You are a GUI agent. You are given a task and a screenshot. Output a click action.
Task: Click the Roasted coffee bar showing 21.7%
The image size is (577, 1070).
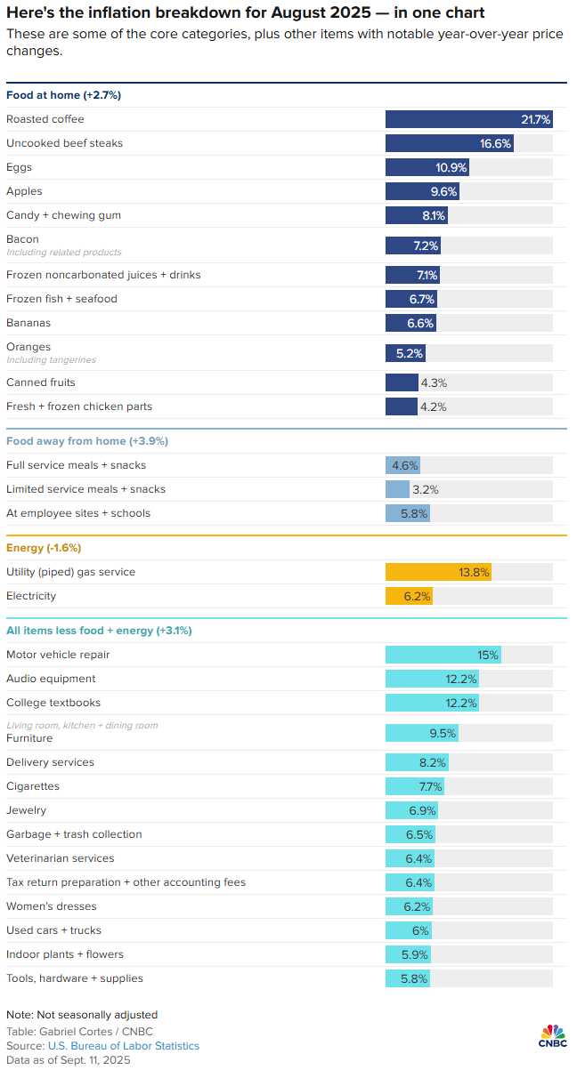point(468,119)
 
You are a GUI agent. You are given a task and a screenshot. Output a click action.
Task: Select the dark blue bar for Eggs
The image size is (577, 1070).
point(427,167)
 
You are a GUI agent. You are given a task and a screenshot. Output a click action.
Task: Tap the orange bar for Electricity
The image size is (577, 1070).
point(409,596)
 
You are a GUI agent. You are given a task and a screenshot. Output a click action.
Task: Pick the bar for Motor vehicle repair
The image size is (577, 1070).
point(443,655)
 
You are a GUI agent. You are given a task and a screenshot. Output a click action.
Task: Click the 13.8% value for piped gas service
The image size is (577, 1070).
point(474,572)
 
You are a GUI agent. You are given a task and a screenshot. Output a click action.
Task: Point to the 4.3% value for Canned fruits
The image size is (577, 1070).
point(434,382)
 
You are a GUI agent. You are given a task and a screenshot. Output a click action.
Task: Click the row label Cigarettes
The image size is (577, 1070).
point(33,786)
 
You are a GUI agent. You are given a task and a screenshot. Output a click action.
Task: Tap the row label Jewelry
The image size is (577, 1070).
point(27,810)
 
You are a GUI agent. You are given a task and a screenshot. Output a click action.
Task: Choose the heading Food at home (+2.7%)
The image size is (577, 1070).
point(63,95)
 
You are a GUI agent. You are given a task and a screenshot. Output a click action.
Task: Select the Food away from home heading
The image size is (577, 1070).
point(86,441)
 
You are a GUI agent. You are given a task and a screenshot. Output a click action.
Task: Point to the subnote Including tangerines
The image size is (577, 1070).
point(51,360)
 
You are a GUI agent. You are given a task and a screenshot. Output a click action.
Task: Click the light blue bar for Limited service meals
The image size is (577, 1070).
point(397,489)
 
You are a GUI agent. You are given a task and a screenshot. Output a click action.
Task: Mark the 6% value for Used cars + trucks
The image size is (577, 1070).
point(420,930)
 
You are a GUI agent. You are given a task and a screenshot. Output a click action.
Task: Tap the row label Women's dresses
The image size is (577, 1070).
point(52,906)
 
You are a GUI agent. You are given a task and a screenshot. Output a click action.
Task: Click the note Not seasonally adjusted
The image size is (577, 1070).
point(82,1015)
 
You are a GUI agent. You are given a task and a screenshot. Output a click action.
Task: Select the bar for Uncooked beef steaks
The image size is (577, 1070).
point(449,143)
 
